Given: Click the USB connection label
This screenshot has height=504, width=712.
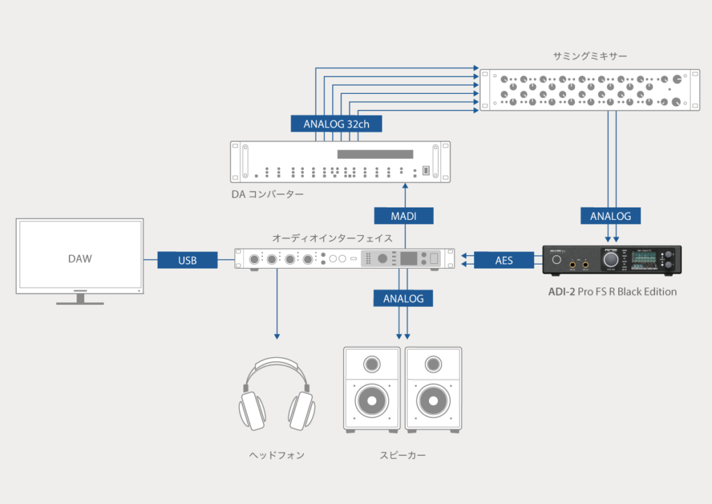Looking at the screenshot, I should [x=187, y=260].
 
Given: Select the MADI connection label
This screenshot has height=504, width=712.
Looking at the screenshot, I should [x=403, y=216].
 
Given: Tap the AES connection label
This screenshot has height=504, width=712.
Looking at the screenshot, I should [x=503, y=260].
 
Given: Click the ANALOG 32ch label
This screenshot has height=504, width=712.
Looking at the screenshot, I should [x=337, y=124].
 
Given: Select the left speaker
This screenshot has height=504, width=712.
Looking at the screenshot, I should [x=372, y=388].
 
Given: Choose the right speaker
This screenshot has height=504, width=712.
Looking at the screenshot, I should [x=433, y=388].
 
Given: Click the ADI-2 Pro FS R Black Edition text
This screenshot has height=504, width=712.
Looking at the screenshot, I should [x=612, y=292].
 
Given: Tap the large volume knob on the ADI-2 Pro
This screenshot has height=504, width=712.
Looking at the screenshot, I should [x=611, y=260].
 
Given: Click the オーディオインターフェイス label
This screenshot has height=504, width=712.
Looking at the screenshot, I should [x=332, y=238].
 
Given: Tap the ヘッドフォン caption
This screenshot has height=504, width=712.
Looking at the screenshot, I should [x=277, y=455].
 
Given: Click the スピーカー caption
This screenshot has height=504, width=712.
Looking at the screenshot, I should [x=403, y=455].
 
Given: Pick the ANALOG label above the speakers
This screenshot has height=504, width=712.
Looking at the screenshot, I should [x=403, y=298].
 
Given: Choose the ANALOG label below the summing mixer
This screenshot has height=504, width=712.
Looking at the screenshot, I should [x=610, y=216].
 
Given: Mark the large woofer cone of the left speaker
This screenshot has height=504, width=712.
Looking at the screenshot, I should [x=372, y=401].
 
